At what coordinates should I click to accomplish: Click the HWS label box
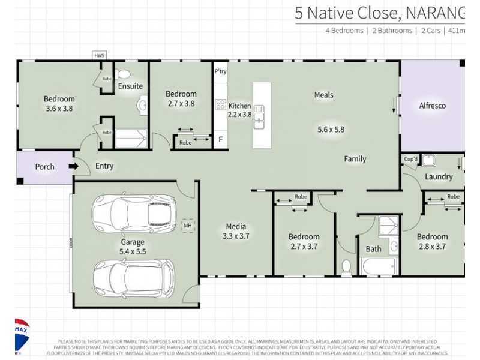(99, 56)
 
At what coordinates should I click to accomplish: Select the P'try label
(220, 71)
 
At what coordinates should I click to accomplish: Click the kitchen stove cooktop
(220, 104)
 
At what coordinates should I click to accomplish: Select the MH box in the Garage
(187, 226)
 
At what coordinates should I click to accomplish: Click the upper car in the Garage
(134, 212)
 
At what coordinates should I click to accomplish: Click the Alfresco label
(432, 106)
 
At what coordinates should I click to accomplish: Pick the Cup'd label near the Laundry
(410, 160)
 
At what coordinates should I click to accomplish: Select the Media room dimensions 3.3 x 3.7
(236, 236)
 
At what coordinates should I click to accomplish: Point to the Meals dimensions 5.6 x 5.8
(331, 128)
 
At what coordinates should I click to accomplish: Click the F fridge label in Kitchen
(220, 140)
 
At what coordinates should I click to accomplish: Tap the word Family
(355, 159)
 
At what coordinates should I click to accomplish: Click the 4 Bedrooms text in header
(344, 30)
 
